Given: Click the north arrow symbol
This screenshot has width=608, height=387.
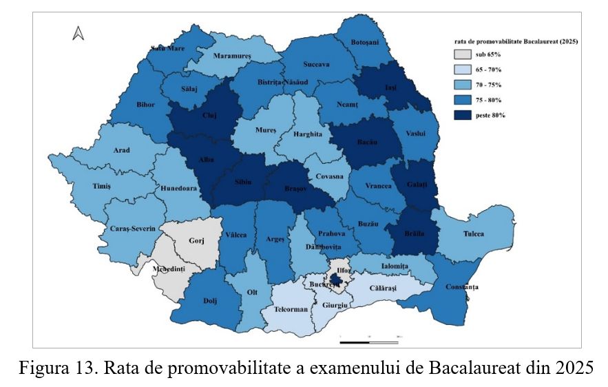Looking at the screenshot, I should (x=78, y=33).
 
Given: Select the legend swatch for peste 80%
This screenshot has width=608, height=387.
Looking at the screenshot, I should (x=464, y=115).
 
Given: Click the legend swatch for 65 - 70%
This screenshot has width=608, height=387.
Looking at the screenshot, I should (x=464, y=70).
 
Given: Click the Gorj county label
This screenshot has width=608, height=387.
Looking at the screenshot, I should (x=198, y=242).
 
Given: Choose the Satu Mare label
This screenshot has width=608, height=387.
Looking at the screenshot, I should (x=169, y=49).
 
